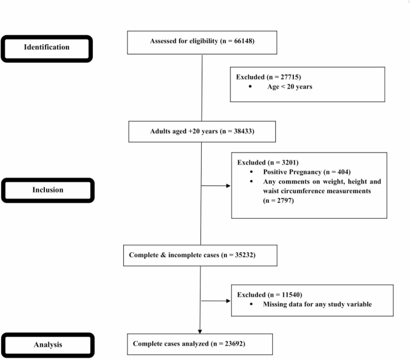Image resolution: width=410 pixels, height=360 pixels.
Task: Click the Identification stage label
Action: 47,47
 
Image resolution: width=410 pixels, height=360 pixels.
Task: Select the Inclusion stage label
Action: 47,191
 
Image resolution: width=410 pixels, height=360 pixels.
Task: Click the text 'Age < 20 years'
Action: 289,87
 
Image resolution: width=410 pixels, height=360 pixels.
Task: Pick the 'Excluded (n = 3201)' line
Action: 267,162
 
